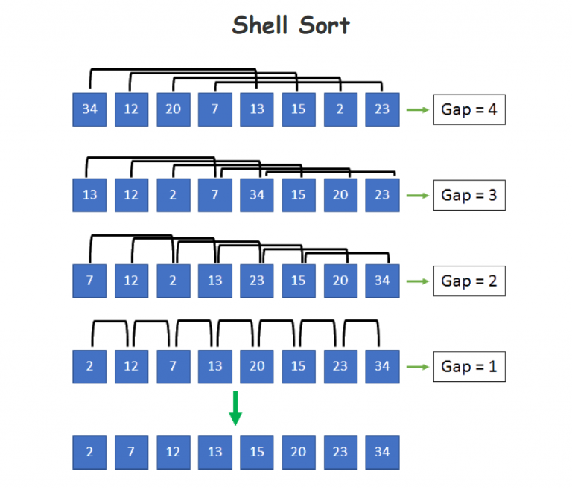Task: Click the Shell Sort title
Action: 290,25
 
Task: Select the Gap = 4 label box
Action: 469,110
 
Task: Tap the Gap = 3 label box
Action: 469,196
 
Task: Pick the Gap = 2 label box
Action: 469,281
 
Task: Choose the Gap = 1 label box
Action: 469,367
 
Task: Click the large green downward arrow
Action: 235,408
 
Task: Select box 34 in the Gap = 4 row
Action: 90,110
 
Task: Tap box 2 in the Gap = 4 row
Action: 340,110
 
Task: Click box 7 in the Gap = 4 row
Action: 215,110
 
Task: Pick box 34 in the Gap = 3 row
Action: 257,196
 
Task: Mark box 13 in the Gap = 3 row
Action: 90,196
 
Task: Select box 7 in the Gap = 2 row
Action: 90,281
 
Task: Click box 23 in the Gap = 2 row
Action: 257,281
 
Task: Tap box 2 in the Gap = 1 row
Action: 90,367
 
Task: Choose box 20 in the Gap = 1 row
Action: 257,367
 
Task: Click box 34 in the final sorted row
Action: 382,453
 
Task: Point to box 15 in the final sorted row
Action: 257,453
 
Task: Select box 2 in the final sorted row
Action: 90,453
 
